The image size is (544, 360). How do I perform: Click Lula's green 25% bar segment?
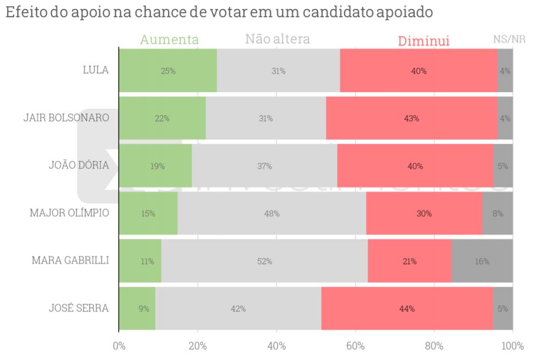pyautogui.click(x=168, y=71)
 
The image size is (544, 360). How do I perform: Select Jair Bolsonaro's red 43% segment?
pyautogui.click(x=411, y=119)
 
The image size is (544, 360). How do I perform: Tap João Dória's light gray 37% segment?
pyautogui.click(x=265, y=166)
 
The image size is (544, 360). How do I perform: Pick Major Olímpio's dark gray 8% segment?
pyautogui.click(x=497, y=214)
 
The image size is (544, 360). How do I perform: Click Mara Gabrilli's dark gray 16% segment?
pyautogui.click(x=482, y=261)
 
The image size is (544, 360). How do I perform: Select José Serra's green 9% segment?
pyautogui.click(x=137, y=309)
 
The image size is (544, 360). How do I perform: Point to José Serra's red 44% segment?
pyautogui.click(x=407, y=309)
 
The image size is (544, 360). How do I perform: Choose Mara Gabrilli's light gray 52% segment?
pyautogui.click(x=264, y=261)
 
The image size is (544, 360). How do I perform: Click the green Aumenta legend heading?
pyautogui.click(x=169, y=40)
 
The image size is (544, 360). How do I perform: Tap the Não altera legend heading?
pyautogui.click(x=277, y=39)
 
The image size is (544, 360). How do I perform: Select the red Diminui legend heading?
pyautogui.click(x=424, y=41)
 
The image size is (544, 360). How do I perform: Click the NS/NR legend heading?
pyautogui.click(x=509, y=39)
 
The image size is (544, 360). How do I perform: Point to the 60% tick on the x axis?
pyautogui.click(x=356, y=346)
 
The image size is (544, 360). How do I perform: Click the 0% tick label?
pyautogui.click(x=119, y=346)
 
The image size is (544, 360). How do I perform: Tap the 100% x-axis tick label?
pyautogui.click(x=513, y=346)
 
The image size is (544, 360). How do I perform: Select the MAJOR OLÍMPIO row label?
pyautogui.click(x=69, y=213)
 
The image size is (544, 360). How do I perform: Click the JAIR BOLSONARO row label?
pyautogui.click(x=66, y=118)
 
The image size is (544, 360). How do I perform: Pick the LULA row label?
pyautogui.click(x=95, y=70)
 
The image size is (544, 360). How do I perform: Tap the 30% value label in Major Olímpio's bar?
pyautogui.click(x=424, y=214)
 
